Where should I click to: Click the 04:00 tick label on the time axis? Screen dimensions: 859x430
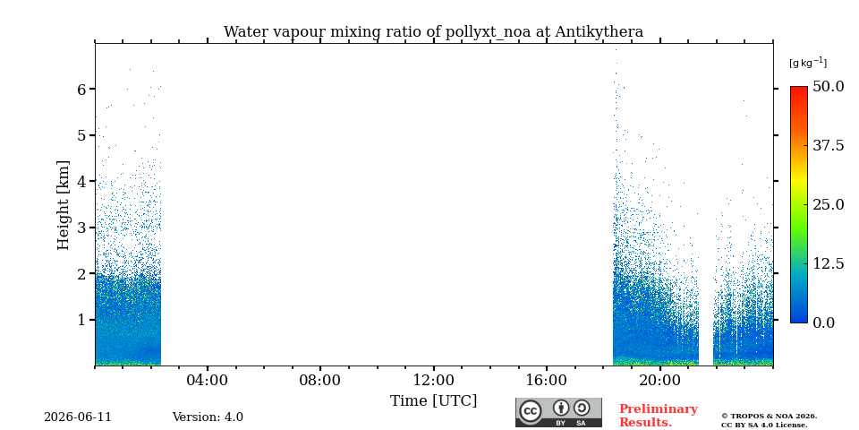coord(208,381)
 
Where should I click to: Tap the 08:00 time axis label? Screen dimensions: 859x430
coord(320,381)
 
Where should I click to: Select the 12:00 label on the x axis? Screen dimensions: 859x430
coord(434,381)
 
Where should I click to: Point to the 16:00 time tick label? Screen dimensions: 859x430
coord(547,381)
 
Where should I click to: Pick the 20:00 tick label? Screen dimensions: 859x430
coord(660,381)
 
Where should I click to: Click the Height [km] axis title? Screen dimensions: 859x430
coord(64,205)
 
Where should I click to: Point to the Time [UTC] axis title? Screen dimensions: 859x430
coord(433,401)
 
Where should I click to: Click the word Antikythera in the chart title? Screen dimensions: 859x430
coord(599,32)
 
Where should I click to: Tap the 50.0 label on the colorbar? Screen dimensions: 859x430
coord(828,86)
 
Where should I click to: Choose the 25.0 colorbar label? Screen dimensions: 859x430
coord(828,204)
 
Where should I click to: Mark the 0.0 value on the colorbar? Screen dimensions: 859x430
coord(823,322)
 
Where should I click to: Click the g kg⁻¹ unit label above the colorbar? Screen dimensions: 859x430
coord(808,63)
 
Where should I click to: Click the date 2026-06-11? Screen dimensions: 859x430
coord(78,417)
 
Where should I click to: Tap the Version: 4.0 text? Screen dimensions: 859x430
coord(208,417)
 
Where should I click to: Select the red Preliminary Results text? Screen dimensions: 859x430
coord(659,416)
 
